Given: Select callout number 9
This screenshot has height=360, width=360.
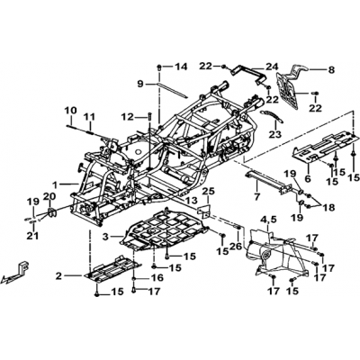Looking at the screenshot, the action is (141, 85).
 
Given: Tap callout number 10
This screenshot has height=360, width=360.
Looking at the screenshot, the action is (70, 111).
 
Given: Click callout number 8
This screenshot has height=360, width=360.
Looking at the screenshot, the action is (331, 70).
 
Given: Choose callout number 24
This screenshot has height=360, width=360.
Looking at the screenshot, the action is (272, 67).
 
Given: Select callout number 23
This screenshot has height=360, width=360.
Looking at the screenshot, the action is (275, 134).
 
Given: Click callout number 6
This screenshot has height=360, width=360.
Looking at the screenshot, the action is (307, 179).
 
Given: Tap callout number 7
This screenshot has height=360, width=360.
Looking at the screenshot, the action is (257, 197).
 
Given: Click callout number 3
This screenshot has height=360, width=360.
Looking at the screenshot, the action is (105, 237).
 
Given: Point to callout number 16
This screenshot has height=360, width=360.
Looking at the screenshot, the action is (158, 278).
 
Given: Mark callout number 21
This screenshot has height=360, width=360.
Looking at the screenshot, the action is (32, 236).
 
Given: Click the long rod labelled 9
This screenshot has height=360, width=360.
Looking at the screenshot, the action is (173, 90).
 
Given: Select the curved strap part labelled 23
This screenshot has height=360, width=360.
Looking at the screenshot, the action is (272, 115).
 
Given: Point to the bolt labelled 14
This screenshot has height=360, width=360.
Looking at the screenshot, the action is (159, 67).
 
